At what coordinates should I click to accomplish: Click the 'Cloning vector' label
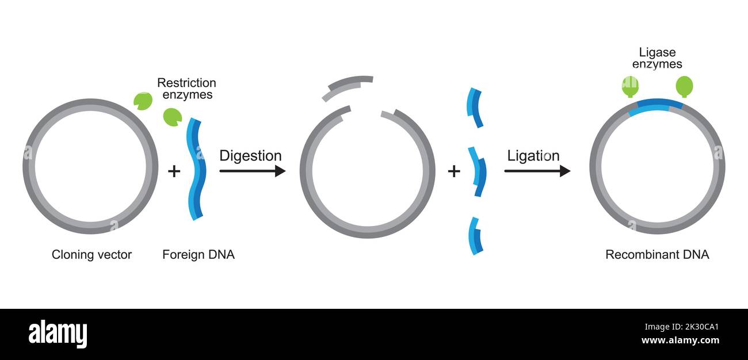point(91,254)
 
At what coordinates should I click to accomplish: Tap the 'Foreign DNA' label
point(199,254)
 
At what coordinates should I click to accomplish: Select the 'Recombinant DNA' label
point(657,254)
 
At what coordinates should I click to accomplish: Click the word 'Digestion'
point(250,156)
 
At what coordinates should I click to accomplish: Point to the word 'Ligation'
point(533,156)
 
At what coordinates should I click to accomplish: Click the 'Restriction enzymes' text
point(186,89)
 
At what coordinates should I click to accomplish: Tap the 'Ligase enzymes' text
point(657,58)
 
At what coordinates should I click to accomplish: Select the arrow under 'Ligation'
point(537,171)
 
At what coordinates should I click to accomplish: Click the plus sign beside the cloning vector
point(174,171)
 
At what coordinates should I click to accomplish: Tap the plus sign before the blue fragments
point(454,171)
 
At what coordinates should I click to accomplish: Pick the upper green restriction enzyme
point(143,101)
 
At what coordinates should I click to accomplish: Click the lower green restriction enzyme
point(172,117)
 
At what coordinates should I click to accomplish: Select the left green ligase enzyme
point(630,86)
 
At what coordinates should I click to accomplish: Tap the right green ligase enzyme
point(684,86)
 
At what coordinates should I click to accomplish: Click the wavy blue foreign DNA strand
point(195,169)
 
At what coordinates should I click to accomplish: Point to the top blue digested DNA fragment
point(475,108)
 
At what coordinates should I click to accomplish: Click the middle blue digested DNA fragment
point(478,172)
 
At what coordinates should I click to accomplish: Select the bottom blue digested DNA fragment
point(475,236)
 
